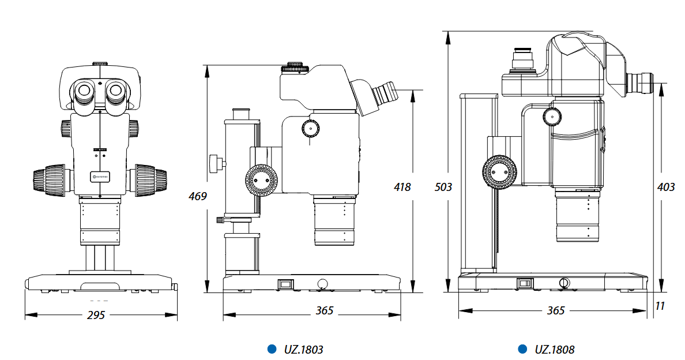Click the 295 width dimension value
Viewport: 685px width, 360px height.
[x=97, y=315]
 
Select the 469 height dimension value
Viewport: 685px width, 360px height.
[x=198, y=196]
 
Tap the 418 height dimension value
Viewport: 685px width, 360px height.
[x=402, y=187]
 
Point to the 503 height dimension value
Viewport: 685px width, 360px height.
[x=443, y=187]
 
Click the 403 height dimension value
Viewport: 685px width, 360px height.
[x=666, y=187]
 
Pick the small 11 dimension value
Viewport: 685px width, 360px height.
[x=661, y=306]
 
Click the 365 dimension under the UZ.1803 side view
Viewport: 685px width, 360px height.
[x=325, y=310]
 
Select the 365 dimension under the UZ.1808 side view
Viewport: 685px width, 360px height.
[x=555, y=310]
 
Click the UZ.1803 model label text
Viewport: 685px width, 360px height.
[x=303, y=349]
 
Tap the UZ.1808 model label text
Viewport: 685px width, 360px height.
[x=555, y=349]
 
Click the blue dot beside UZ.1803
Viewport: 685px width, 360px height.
[x=272, y=349]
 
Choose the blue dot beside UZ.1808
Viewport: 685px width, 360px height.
[x=522, y=349]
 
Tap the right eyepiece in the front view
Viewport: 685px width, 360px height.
[x=116, y=90]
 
